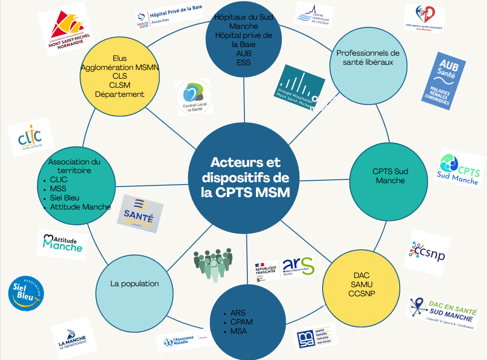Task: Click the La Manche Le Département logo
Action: [x=72, y=338]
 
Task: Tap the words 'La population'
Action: [x=134, y=284]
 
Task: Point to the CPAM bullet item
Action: [x=241, y=322]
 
